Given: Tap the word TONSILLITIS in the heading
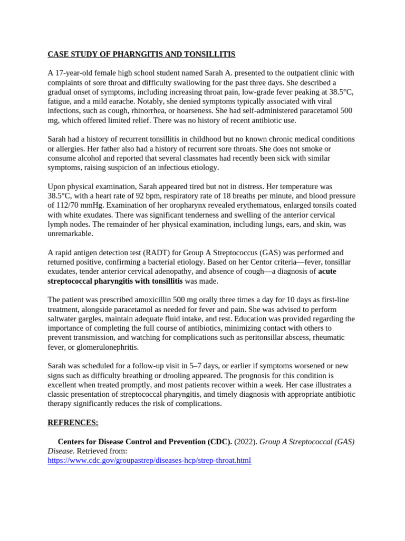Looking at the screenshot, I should (x=208, y=54).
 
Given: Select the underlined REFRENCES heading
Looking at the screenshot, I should (x=73, y=423).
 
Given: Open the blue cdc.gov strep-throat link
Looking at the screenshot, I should (x=149, y=461).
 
